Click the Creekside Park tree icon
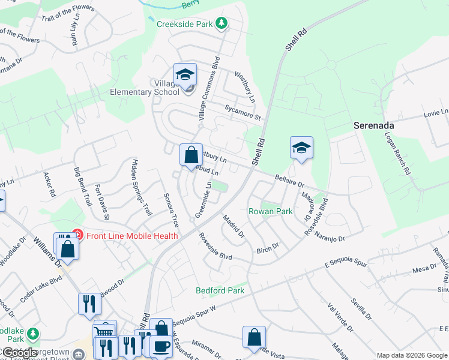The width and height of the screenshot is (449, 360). pyautogui.click(x=222, y=24)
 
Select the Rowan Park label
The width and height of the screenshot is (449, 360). pyautogui.click(x=271, y=211)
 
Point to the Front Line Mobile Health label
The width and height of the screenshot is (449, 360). pyautogui.click(x=131, y=236)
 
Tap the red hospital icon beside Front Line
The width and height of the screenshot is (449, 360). pyautogui.click(x=77, y=235)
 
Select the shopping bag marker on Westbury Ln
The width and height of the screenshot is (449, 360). pyautogui.click(x=190, y=155)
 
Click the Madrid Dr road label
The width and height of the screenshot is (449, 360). pyautogui.click(x=234, y=226)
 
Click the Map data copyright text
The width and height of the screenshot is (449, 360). pyautogui.click(x=412, y=355)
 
